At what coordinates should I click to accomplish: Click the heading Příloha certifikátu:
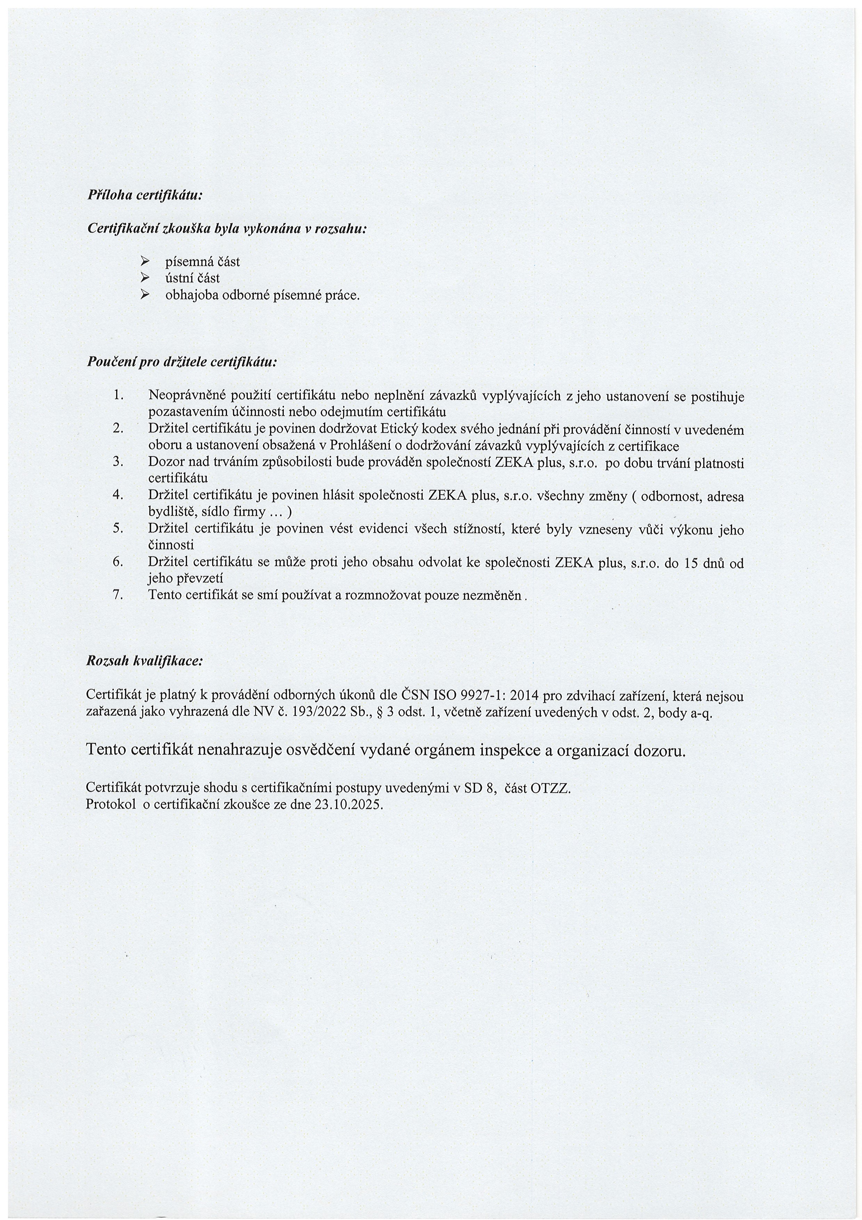pos(145,195)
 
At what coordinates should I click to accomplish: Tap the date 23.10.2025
pos(348,804)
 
